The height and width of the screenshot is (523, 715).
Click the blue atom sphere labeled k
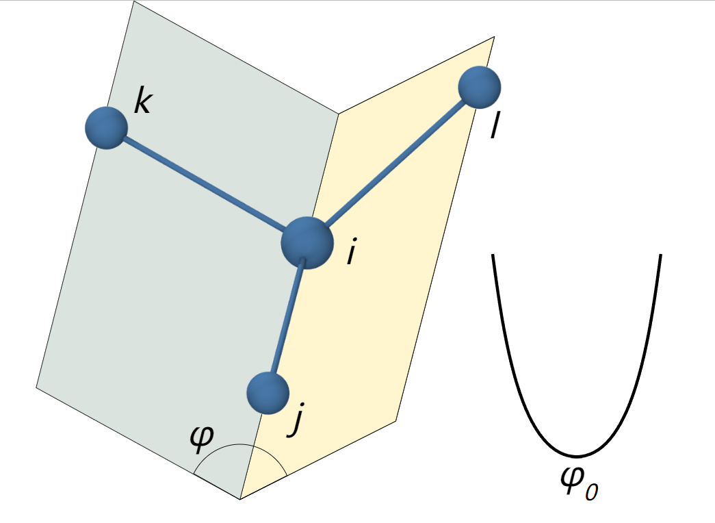point(106,128)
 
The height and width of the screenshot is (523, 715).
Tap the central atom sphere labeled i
point(307,243)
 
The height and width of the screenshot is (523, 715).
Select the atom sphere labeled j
point(268,393)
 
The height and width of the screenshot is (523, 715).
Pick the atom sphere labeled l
point(479,87)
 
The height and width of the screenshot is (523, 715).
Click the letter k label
point(142,102)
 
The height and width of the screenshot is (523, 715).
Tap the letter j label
point(296,419)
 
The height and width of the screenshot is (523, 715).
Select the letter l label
point(494,126)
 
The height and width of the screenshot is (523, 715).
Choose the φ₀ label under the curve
point(579,484)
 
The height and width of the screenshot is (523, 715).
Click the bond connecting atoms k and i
point(204,183)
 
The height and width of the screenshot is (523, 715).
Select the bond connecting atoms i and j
point(287,318)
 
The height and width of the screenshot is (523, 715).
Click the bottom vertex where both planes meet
point(240,499)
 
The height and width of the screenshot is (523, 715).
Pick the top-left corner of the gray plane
point(134,1)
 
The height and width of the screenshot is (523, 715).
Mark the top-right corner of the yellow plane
point(494,37)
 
